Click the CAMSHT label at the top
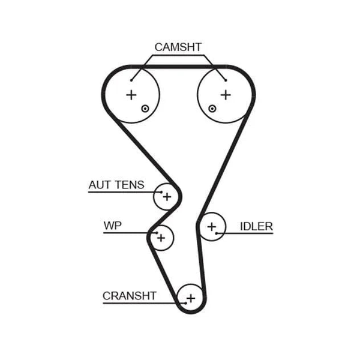pyautogui.click(x=178, y=47)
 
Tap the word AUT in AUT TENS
pyautogui.click(x=100, y=185)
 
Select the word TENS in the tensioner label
pyautogui.click(x=130, y=185)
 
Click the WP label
pyautogui.click(x=113, y=226)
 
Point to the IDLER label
pyautogui.click(x=256, y=226)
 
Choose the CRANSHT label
pyautogui.click(x=130, y=296)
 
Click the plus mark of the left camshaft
pyautogui.click(x=131, y=95)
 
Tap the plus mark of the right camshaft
pyautogui.click(x=226, y=95)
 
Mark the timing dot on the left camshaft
pyautogui.click(x=145, y=109)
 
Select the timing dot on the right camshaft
pyautogui.click(x=212, y=109)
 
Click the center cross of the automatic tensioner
pyautogui.click(x=167, y=197)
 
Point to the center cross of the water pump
pyautogui.click(x=161, y=238)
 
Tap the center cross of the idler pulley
pyautogui.click(x=212, y=227)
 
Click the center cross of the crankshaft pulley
pyautogui.click(x=191, y=298)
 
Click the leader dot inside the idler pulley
pyautogui.click(x=216, y=233)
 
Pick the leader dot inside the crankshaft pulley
pyautogui.click(x=186, y=303)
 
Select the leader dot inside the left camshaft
pyautogui.click(x=131, y=80)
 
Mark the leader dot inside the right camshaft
pyautogui.click(x=226, y=80)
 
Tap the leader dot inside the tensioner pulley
pyautogui.click(x=161, y=192)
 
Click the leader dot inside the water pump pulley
pyautogui.click(x=157, y=233)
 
